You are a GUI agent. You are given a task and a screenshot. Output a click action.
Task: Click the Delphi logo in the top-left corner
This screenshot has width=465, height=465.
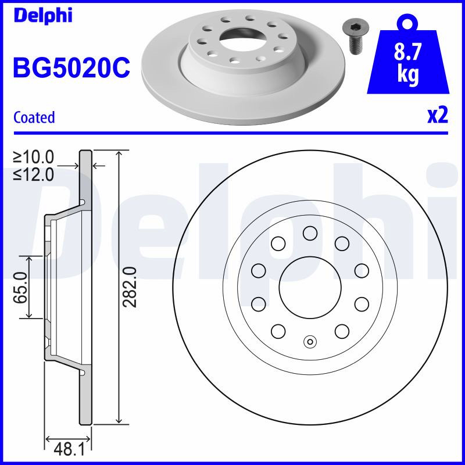point(43,16)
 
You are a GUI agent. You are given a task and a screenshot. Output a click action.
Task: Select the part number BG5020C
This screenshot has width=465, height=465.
point(71,67)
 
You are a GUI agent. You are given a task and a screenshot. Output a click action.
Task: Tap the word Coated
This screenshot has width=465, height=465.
point(34,117)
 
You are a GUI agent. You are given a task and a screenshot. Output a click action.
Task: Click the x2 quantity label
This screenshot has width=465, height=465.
point(438,116)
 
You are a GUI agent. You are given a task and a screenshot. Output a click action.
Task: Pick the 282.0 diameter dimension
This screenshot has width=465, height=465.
point(129,287)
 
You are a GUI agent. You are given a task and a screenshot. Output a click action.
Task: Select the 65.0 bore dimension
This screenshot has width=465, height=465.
point(20,288)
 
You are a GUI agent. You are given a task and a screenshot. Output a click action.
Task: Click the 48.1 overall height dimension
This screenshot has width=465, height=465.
point(69,449)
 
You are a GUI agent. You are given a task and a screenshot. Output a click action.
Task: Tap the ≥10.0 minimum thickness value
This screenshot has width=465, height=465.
point(34,157)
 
